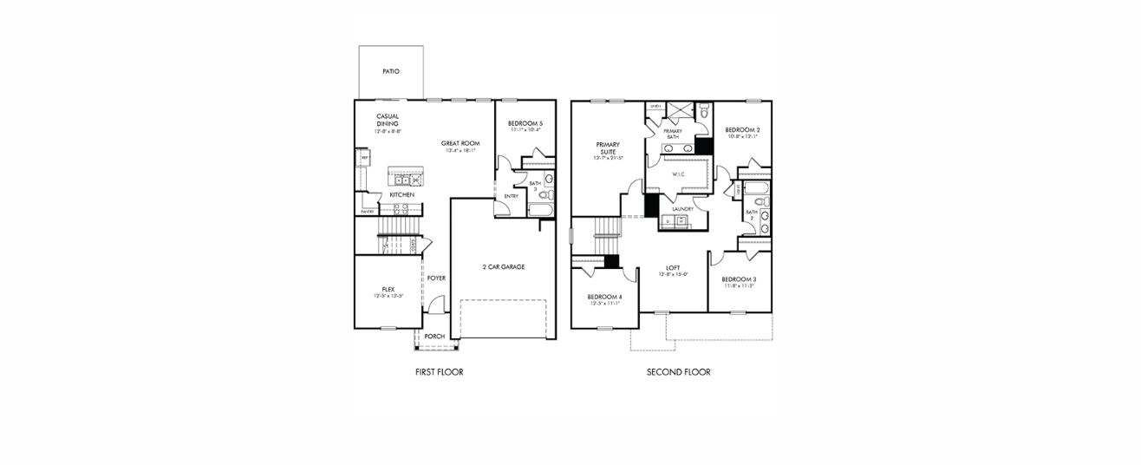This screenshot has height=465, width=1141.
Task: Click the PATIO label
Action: tap(390, 71)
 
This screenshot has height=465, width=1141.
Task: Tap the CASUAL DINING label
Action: tap(388, 120)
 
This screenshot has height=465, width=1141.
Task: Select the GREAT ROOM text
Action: tap(460, 143)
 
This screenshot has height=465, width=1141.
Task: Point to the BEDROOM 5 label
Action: tap(525, 123)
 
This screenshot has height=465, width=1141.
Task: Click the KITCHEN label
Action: tap(401, 195)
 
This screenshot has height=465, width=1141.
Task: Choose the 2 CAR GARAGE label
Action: tap(504, 266)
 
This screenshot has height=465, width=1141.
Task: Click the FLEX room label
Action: tap(388, 289)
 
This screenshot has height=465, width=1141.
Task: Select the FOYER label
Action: tap(436, 278)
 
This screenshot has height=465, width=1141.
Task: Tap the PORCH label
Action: tap(434, 337)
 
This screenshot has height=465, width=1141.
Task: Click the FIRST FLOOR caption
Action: tap(440, 372)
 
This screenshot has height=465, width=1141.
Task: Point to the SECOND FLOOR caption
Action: tap(678, 372)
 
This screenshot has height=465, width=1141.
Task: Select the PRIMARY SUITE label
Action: tap(608, 147)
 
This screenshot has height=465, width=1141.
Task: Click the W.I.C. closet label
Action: tap(679, 174)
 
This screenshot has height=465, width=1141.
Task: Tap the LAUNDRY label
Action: tap(681, 208)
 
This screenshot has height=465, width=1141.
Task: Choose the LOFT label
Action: tap(672, 267)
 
